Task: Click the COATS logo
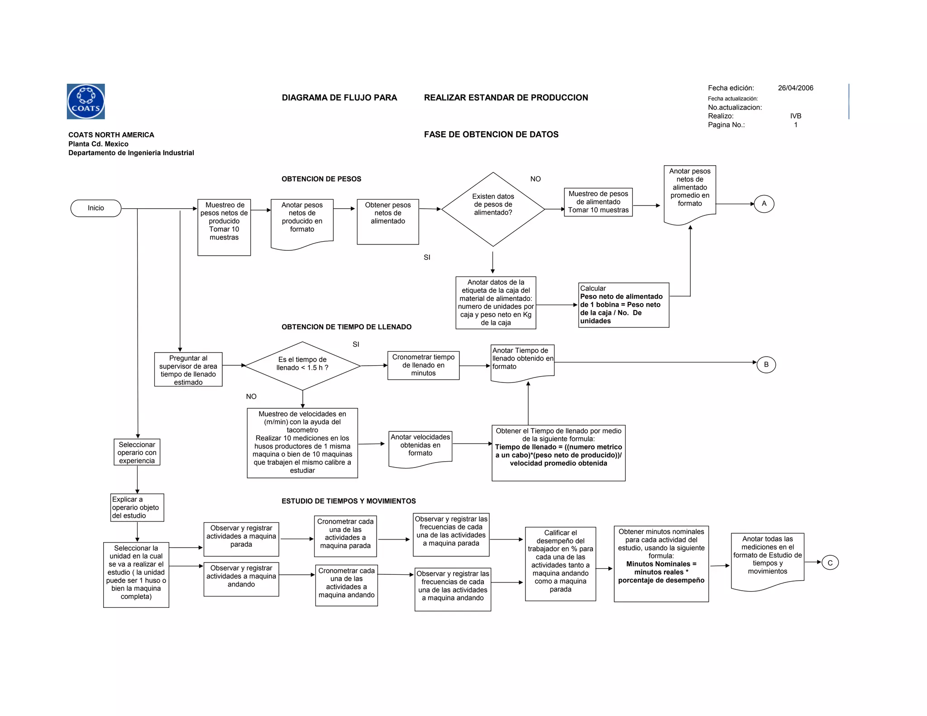point(86,101)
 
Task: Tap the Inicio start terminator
point(96,208)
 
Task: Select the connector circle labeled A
point(764,204)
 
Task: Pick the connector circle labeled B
point(766,364)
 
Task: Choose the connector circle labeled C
point(830,563)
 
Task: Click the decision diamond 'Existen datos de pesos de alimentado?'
point(493,209)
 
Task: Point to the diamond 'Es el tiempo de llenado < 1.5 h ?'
point(302,366)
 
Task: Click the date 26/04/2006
point(795,88)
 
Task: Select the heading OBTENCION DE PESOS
point(321,179)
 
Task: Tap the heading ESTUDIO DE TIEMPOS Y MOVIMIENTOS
point(349,501)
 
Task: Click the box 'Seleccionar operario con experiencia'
point(137,452)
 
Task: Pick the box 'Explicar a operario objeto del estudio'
point(137,507)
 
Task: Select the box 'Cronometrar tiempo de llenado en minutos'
point(423,365)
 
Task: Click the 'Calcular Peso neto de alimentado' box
point(623,305)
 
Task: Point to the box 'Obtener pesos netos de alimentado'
point(387,221)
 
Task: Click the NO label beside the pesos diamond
point(535,179)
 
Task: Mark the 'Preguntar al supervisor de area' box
point(188,369)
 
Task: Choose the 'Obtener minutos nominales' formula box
point(661,563)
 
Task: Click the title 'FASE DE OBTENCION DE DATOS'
point(491,134)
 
